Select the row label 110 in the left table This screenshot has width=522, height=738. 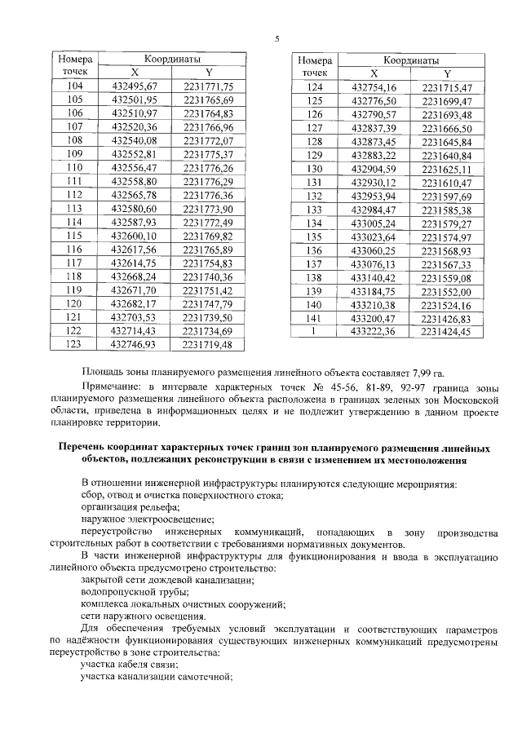click(74, 167)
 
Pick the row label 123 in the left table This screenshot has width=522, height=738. click(74, 345)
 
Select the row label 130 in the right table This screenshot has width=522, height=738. click(314, 168)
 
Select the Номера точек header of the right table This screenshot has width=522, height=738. click(314, 66)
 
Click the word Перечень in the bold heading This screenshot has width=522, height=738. click(82, 448)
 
